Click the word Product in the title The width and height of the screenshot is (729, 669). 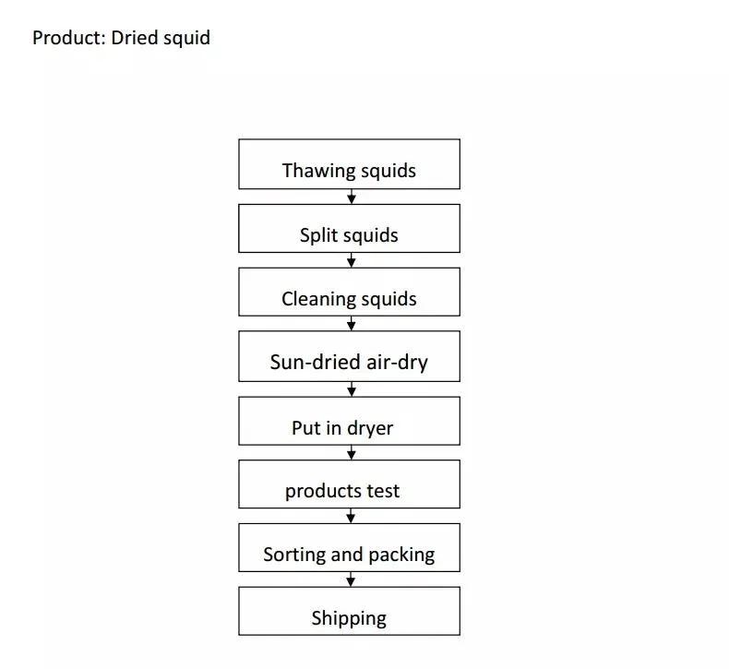[x=67, y=38]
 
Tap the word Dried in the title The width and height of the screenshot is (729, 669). [x=136, y=38]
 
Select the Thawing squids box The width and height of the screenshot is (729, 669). [x=349, y=164]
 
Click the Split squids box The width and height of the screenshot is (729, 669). [x=349, y=228]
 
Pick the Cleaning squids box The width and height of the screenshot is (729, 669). [x=349, y=292]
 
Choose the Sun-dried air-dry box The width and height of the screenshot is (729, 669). [x=349, y=356]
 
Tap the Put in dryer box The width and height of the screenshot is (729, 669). [x=349, y=421]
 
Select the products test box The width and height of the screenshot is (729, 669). [x=349, y=484]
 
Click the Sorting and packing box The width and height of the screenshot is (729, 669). [x=349, y=547]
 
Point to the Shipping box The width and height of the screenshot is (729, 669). [x=349, y=611]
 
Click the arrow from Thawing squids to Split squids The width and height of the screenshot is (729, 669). [x=351, y=197]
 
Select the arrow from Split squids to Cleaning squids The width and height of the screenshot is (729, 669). [x=351, y=260]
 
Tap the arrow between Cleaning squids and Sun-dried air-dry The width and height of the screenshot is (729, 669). [x=351, y=324]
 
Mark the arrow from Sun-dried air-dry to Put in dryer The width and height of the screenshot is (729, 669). [x=351, y=389]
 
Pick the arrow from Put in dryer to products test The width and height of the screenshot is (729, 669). [x=351, y=452]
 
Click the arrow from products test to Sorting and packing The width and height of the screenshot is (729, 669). [x=351, y=516]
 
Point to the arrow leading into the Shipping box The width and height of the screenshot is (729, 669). [x=351, y=579]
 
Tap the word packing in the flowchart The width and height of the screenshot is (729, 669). [x=401, y=555]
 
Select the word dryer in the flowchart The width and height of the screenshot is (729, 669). [x=369, y=428]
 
